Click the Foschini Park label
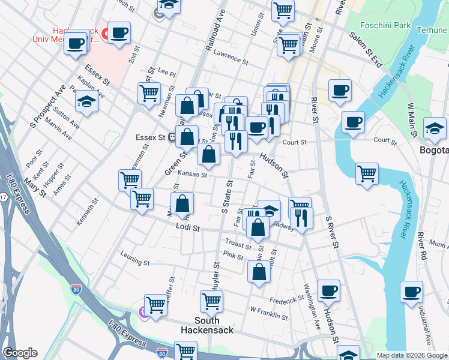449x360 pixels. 384,26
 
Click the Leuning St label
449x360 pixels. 135,262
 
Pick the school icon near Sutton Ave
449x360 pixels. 86,101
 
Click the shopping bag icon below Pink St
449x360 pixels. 259,271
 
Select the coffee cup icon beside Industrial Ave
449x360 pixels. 412,292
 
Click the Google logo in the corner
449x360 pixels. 20,353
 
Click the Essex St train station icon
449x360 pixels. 172,137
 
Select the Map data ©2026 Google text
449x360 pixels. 412,355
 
